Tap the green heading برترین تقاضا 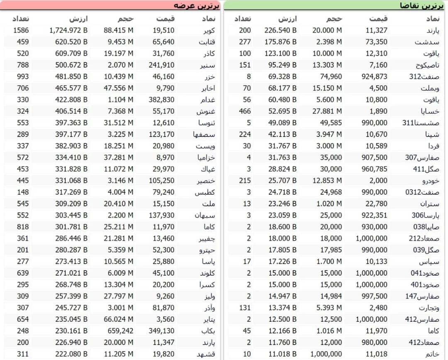(x=421, y=5)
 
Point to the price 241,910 (x=161, y=65)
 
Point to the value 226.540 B (x=280, y=30)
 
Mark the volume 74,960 (x=329, y=77)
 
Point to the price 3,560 (x=166, y=319)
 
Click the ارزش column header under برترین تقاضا (x=287, y=19)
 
